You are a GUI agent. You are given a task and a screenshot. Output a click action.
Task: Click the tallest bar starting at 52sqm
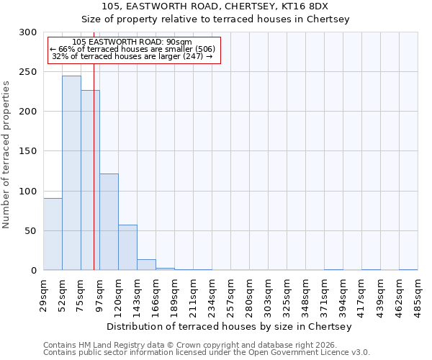point(71,173)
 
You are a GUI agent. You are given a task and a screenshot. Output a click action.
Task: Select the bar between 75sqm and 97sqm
point(90,180)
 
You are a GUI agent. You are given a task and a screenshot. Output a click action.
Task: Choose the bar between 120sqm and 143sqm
point(127,247)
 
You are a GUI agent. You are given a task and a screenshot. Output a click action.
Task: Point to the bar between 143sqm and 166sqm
point(146,264)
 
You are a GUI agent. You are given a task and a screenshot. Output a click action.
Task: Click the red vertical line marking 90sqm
point(94,144)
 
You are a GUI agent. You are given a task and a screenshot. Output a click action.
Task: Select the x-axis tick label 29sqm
point(44,292)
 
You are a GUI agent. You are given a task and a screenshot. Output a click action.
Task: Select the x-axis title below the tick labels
point(230,327)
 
